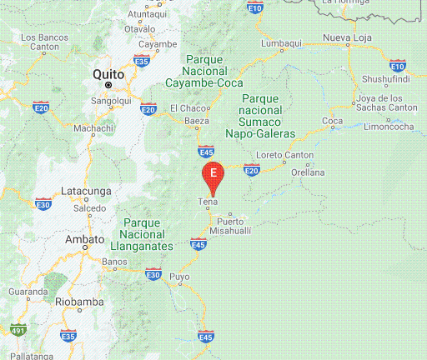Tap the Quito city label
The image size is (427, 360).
pos(108,73)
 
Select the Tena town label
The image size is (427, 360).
pos(208,202)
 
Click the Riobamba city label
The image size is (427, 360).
pos(78,302)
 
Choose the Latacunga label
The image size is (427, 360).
pos(87,191)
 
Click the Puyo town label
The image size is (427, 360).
pos(179,276)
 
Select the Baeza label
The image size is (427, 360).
pos(196,121)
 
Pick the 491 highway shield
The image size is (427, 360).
pos(18,331)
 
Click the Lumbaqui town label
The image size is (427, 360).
pos(282,43)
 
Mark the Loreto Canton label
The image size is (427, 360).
pos(285,155)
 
